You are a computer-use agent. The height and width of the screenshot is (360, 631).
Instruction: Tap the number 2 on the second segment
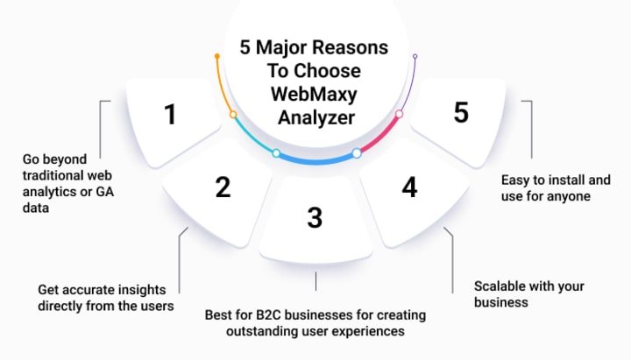(x=223, y=186)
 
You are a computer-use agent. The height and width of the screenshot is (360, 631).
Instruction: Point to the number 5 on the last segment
(x=461, y=112)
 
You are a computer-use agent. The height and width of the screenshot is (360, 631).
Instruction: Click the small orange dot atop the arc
(x=216, y=57)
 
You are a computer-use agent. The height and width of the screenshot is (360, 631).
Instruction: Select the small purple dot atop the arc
(x=415, y=57)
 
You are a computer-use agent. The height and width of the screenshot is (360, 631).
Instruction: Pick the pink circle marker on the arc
(x=399, y=114)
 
